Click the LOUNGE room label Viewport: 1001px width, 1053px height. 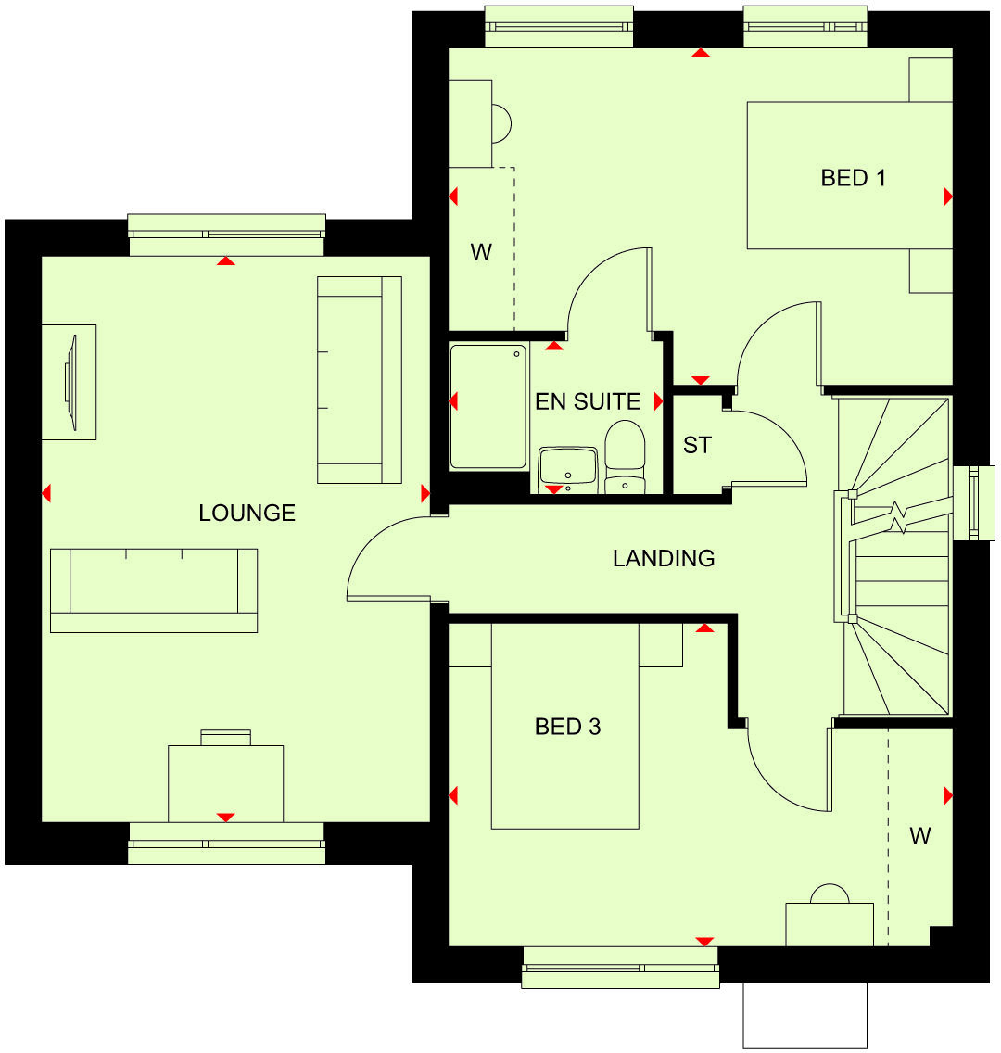pos(247,513)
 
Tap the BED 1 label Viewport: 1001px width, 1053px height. pos(853,177)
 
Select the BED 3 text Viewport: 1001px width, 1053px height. pos(567,727)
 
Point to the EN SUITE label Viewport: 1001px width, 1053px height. pos(588,401)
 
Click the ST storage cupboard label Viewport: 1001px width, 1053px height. pos(697,446)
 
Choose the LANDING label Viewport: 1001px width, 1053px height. pos(664,558)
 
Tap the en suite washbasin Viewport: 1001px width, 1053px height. pos(568,466)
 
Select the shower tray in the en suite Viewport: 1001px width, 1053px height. pos(488,406)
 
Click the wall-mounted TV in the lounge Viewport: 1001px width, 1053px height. pos(70,381)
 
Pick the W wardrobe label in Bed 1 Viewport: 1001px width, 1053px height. pos(481,252)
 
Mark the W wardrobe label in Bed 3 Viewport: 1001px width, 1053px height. pos(919,836)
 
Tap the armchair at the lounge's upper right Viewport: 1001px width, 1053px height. pos(359,379)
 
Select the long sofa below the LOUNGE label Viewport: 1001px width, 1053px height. pos(154,590)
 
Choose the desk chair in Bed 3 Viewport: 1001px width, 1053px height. pos(830,894)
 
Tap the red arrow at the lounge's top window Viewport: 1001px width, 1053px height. pos(225,261)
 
